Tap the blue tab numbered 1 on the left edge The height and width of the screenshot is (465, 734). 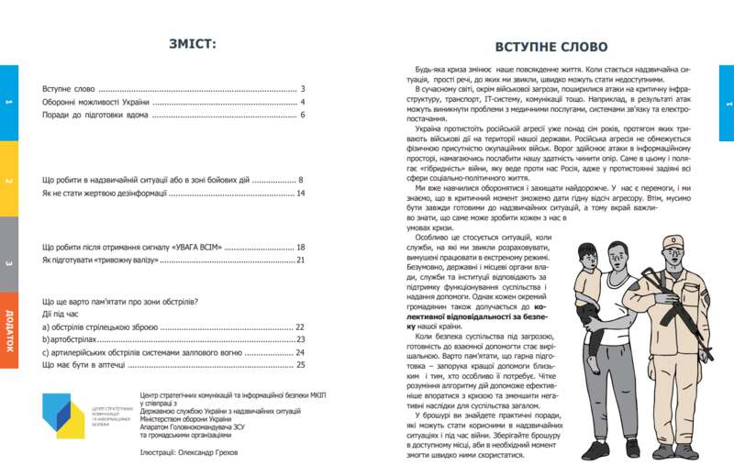click(x=8, y=103)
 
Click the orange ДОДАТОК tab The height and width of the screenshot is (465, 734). click(x=8, y=330)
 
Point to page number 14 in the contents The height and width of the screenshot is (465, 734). click(x=300, y=194)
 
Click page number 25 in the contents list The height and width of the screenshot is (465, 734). click(x=300, y=364)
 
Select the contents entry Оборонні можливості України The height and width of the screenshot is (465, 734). click(x=96, y=102)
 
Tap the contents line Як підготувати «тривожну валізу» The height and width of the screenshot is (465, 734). click(x=101, y=260)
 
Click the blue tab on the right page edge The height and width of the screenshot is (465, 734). click(x=726, y=103)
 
